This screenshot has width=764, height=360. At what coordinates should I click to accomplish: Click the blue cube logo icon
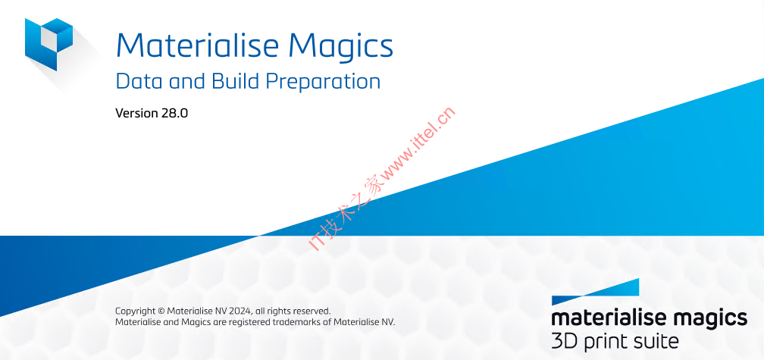pyautogui.click(x=49, y=44)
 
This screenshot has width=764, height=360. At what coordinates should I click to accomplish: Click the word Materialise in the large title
pyautogui.click(x=197, y=45)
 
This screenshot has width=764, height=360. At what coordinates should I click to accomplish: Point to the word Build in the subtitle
pyautogui.click(x=236, y=81)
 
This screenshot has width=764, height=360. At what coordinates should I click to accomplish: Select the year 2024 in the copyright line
pyautogui.click(x=241, y=311)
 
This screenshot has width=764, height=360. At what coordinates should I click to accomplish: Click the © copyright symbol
pyautogui.click(x=161, y=311)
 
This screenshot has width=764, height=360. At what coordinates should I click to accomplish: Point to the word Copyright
pyautogui.click(x=135, y=311)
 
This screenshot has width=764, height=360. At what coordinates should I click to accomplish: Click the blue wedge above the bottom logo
pyautogui.click(x=614, y=290)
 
